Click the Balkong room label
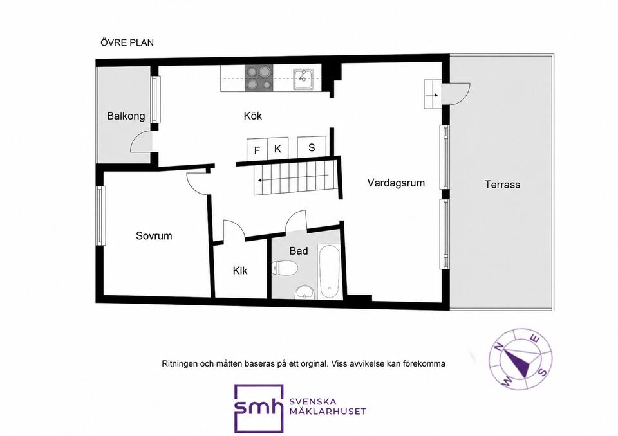tap(126, 116)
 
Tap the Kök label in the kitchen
tap(252, 116)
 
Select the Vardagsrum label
tap(396, 183)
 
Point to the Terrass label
tap(502, 185)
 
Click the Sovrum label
tap(154, 236)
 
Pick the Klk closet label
tap(240, 271)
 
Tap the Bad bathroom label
tap(298, 251)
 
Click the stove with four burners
tap(259, 78)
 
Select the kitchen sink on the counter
tap(303, 78)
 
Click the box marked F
tap(257, 150)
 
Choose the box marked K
tap(278, 149)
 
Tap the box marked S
tap(312, 147)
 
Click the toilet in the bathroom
tap(284, 268)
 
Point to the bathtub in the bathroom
tap(329, 272)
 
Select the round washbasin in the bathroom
tap(304, 292)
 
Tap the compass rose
tap(521, 359)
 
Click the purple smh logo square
tap(259, 408)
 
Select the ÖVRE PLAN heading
tap(127, 42)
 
